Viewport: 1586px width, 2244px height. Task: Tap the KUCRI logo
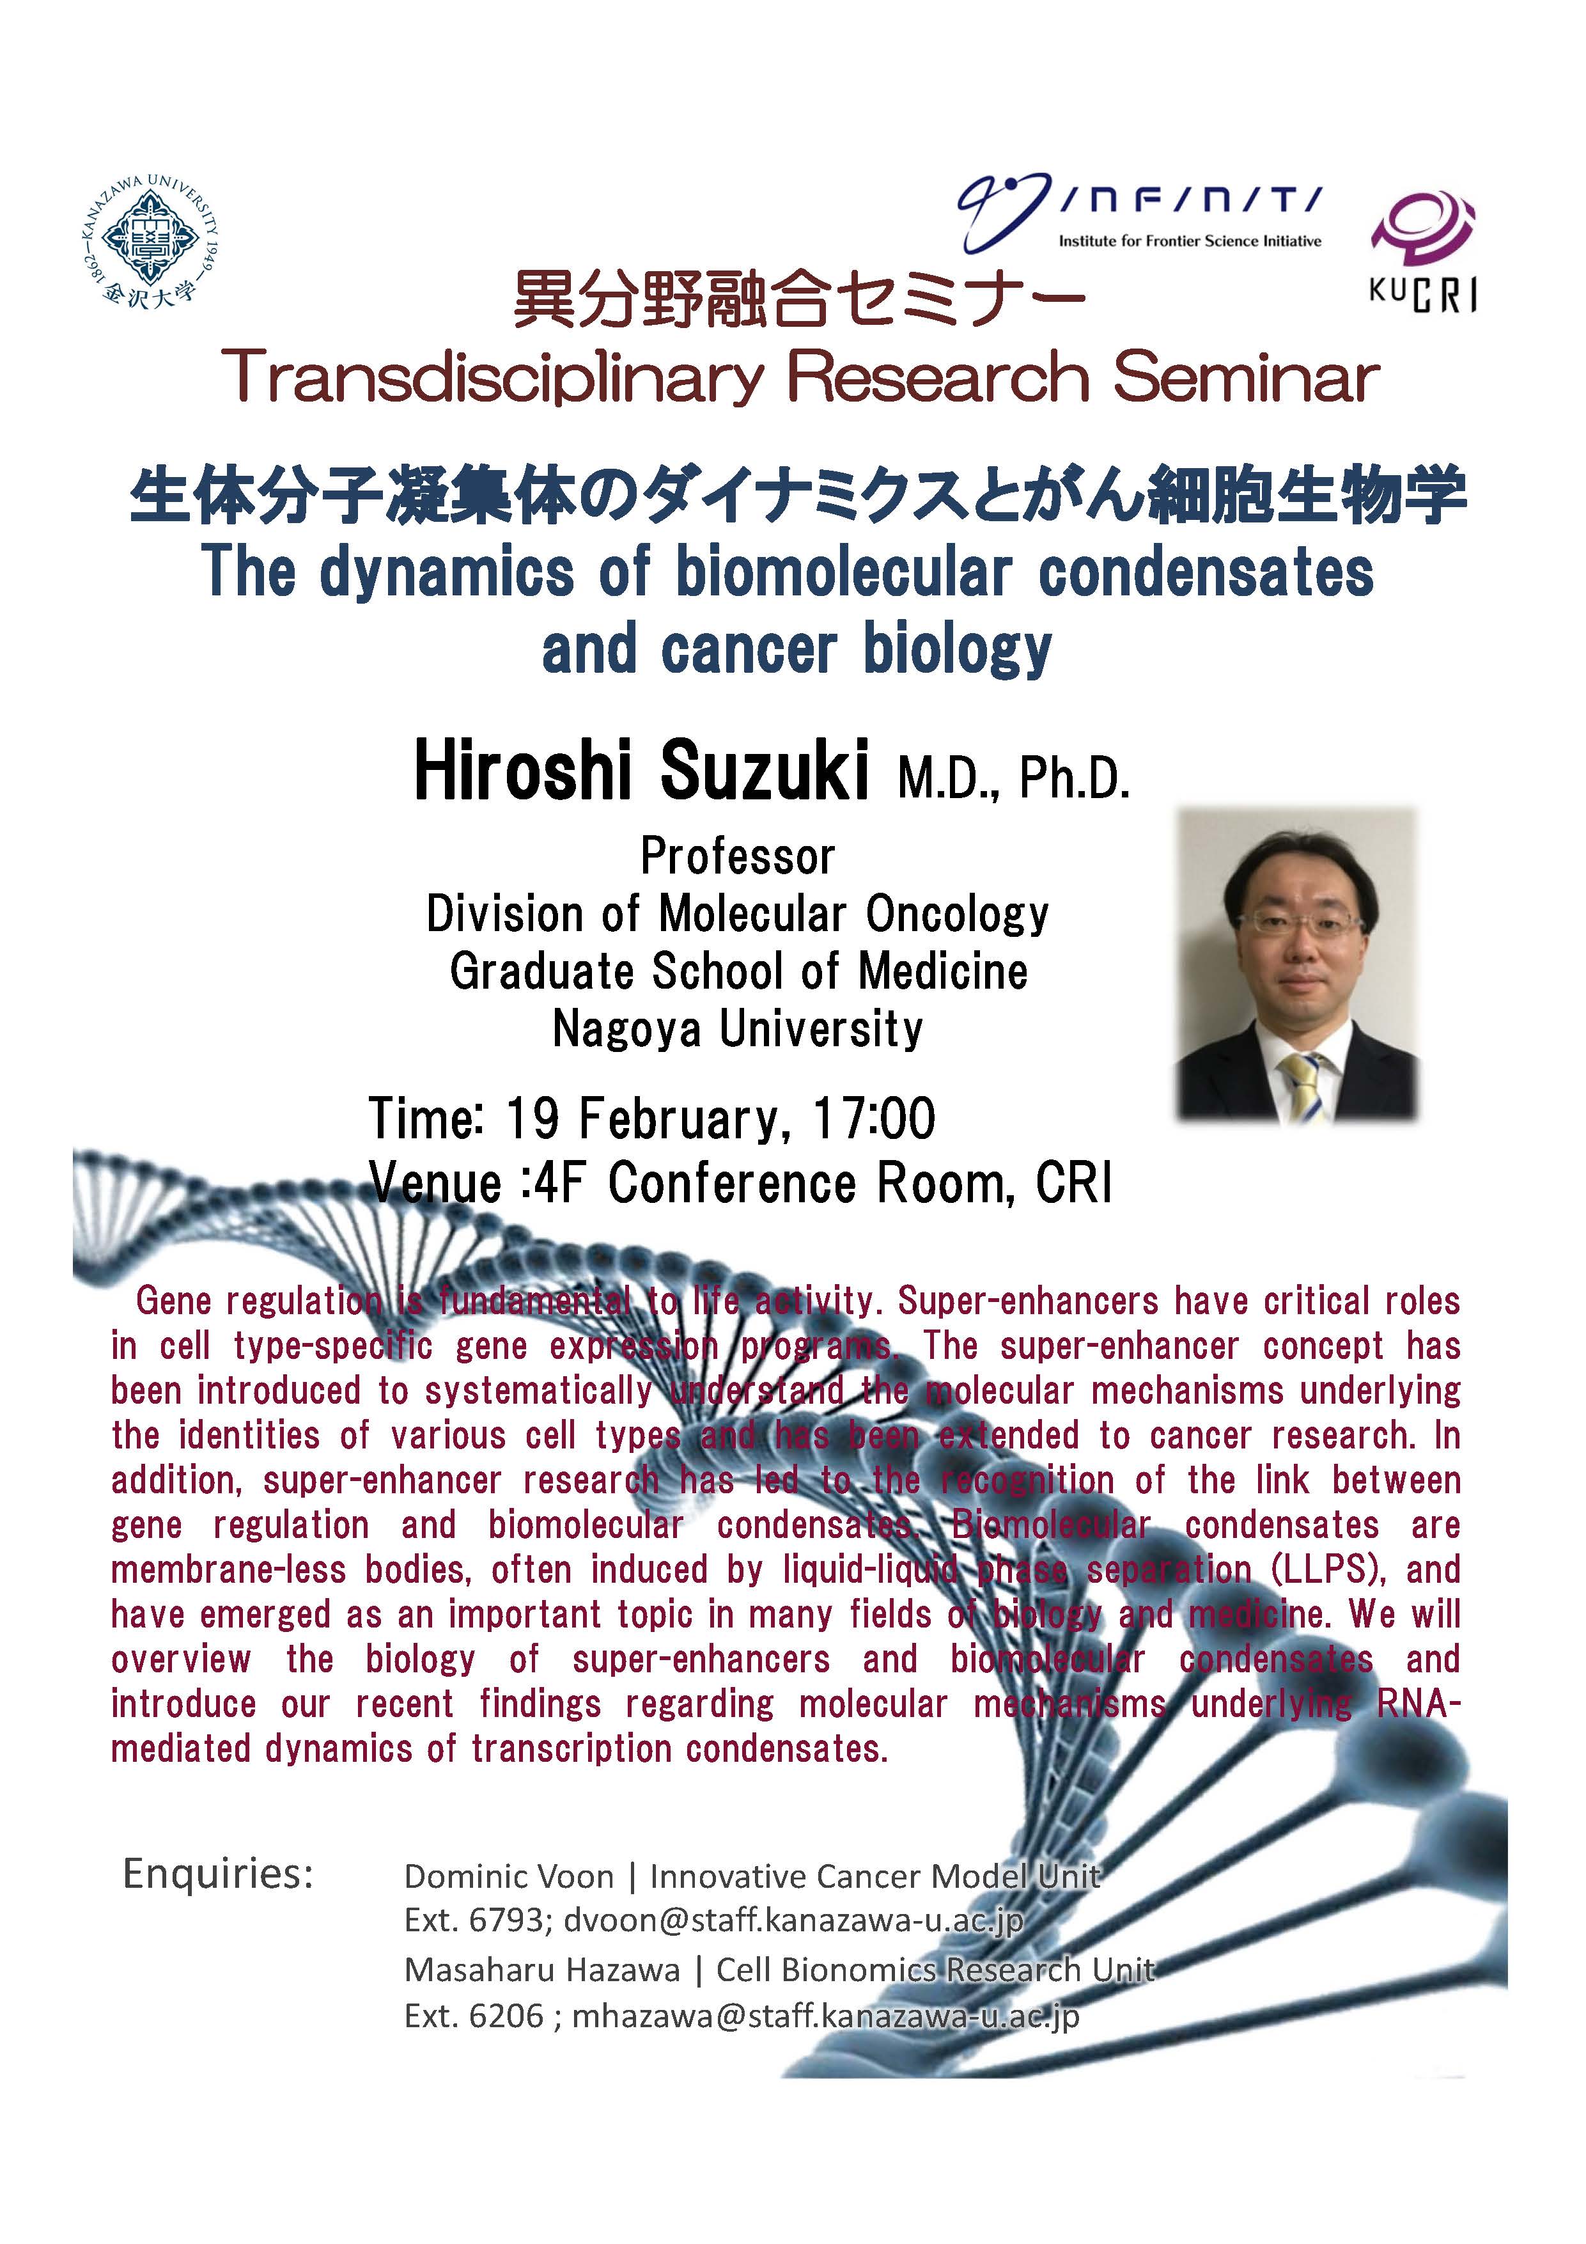click(1423, 252)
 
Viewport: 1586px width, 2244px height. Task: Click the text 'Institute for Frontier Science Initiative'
click(1189, 241)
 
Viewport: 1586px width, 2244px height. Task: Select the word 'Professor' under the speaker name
click(738, 857)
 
